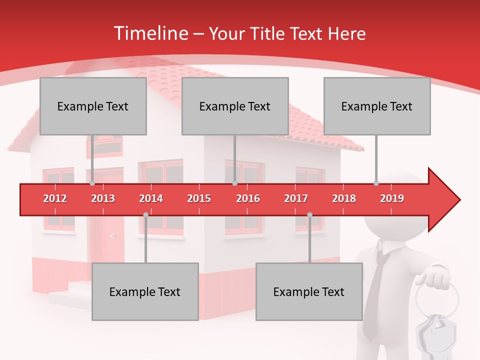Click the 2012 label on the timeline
[x=55, y=198]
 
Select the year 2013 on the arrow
[x=103, y=198]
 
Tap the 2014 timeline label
[x=151, y=198]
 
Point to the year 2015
[x=199, y=198]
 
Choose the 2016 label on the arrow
[x=248, y=198]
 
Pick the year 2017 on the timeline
[x=296, y=198]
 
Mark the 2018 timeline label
[x=344, y=198]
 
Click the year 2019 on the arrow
[x=392, y=198]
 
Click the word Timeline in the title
[x=150, y=33]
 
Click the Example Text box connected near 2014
[x=145, y=291]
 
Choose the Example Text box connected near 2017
[x=309, y=291]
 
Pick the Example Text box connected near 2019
[x=377, y=106]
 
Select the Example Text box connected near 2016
[x=235, y=106]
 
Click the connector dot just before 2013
[x=92, y=183]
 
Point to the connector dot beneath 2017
[x=309, y=215]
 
